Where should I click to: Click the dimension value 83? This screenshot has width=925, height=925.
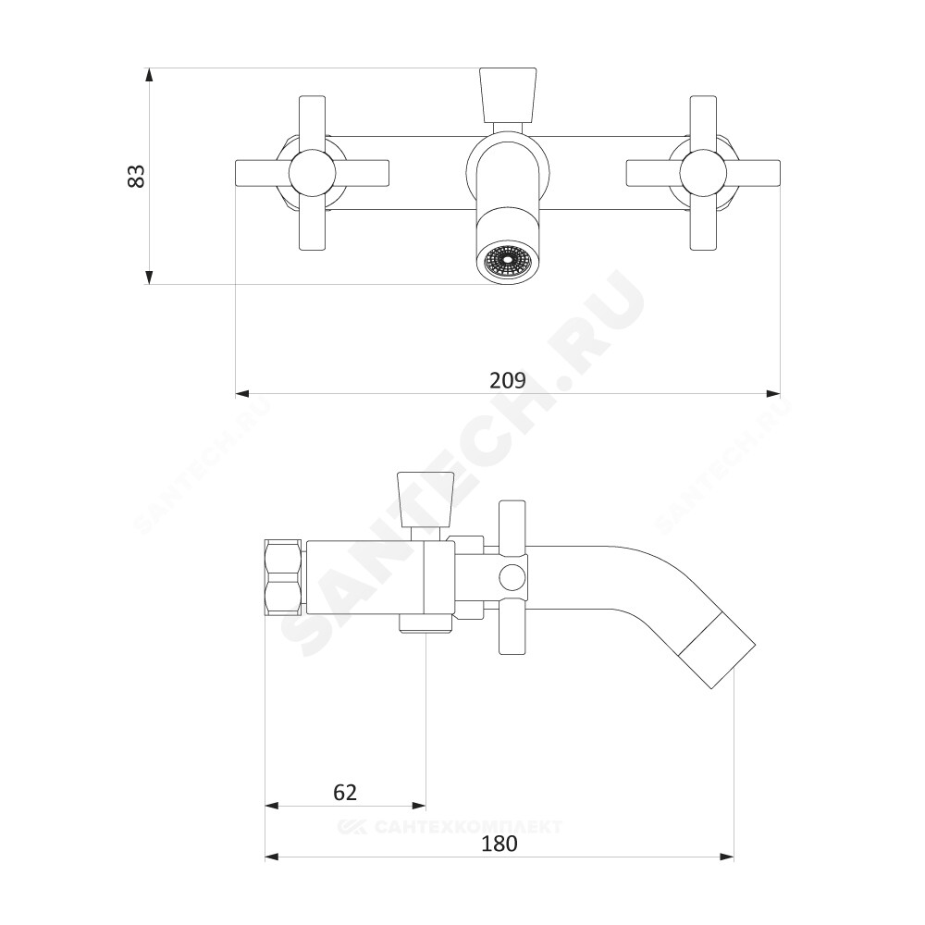coord(136,176)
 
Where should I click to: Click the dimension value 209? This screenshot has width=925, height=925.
coord(507,380)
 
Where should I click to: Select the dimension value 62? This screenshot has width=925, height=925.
coord(345,793)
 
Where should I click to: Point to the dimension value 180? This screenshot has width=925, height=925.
coord(499,844)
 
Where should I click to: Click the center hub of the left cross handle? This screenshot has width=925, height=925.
coord(312,173)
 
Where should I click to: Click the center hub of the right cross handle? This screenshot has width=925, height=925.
coord(703,173)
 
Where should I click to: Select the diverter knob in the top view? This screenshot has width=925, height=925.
coord(508,95)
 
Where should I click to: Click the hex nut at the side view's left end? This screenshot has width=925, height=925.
coord(284,578)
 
